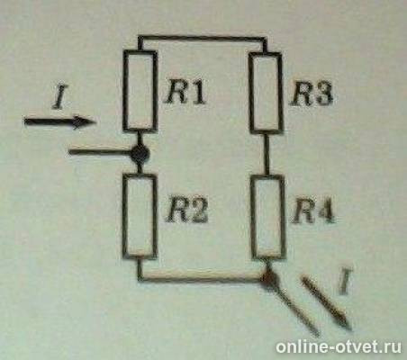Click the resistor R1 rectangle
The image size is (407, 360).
[x=140, y=93]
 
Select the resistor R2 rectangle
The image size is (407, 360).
[x=140, y=215]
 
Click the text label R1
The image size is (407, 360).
[x=185, y=92]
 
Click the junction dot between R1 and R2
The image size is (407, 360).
[x=139, y=154]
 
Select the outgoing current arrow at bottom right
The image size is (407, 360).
[x=327, y=301]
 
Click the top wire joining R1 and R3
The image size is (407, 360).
[x=202, y=38]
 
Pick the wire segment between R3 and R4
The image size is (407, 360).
[x=265, y=154]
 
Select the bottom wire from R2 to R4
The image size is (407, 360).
[x=203, y=280]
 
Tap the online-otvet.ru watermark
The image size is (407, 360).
[x=341, y=346]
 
